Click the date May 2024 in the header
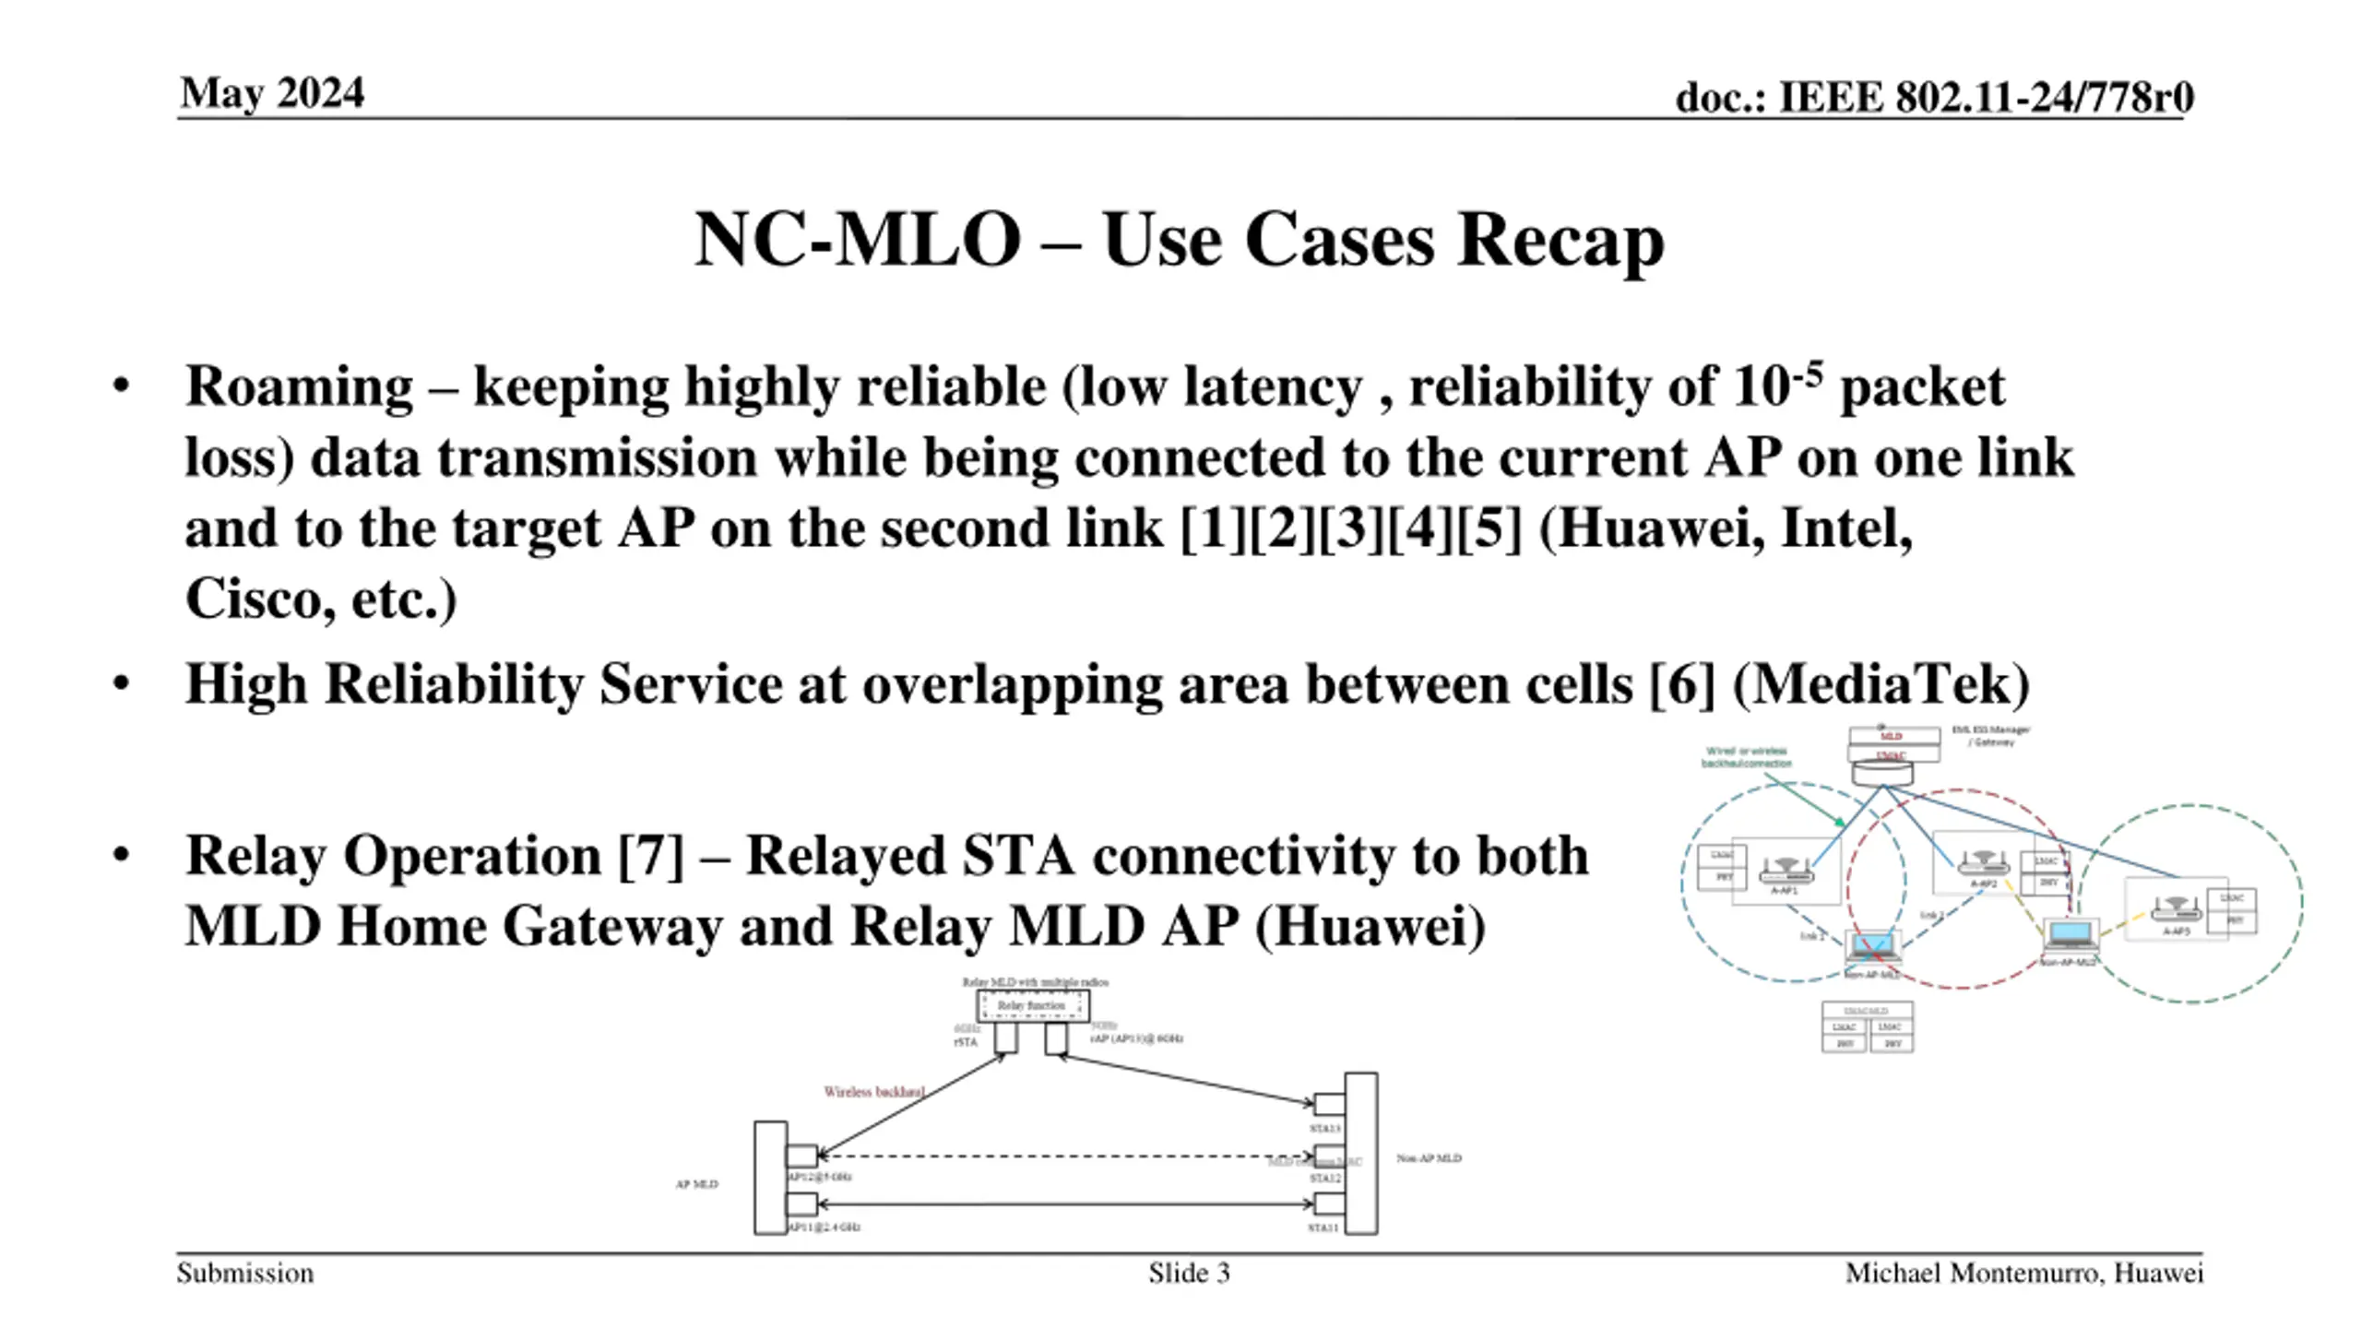point(272,93)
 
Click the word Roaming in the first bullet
point(299,386)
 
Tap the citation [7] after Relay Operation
point(651,856)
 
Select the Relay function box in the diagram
point(1032,1005)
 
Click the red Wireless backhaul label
point(873,1092)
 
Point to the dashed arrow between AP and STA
point(1065,1156)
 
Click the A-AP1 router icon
point(1785,870)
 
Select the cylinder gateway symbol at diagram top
point(1882,773)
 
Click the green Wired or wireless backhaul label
point(1746,757)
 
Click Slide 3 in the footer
point(1188,1274)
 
